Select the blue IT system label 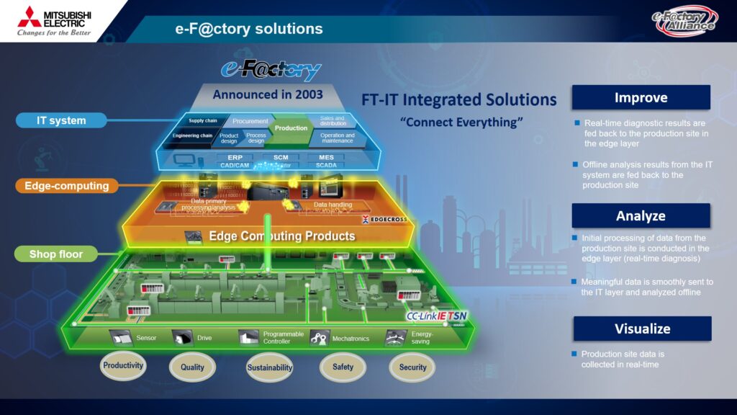coord(61,120)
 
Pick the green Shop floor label coord(56,254)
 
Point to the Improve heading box coord(641,97)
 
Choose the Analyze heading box coord(641,215)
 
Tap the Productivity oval coord(123,365)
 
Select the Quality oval coord(192,367)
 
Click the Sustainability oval coord(270,367)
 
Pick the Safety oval coord(343,367)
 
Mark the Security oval coord(412,367)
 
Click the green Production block coord(291,128)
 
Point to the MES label coord(325,157)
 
